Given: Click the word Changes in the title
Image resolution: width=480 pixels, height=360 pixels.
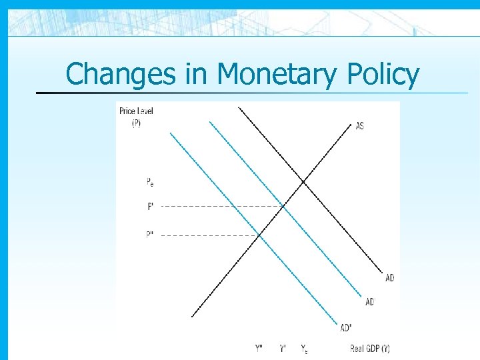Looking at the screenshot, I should pos(112,74).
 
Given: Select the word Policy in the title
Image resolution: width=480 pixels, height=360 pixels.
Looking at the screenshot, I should pos(383,74).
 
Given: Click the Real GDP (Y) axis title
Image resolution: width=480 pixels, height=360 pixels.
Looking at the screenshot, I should pos(370,348).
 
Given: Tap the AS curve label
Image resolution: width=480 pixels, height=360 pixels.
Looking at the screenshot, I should pos(360,126).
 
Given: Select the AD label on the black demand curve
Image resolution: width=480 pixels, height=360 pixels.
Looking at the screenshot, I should pos(389,277).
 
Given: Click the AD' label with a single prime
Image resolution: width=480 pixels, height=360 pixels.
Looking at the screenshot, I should pos(370,302).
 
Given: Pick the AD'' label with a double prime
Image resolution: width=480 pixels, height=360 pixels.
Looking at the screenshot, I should pos(347,327).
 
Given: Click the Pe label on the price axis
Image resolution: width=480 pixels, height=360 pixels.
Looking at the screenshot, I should pos(150,181).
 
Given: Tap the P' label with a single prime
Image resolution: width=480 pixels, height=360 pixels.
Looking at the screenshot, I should pos(151,207).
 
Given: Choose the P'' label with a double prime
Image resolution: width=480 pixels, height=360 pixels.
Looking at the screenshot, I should pos(151,235).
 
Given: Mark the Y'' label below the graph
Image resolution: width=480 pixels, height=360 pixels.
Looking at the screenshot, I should pos(259,348).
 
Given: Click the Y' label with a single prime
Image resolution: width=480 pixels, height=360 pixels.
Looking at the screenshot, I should pos(283,348).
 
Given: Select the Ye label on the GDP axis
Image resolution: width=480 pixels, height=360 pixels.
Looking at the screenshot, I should pos(304,348).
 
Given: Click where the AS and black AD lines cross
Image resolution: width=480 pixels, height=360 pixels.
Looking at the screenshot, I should pos(303,181).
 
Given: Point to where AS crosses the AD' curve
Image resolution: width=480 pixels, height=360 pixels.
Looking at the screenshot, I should pos(283,206).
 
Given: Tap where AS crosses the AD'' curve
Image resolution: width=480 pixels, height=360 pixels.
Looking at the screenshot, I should pos(259,235).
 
